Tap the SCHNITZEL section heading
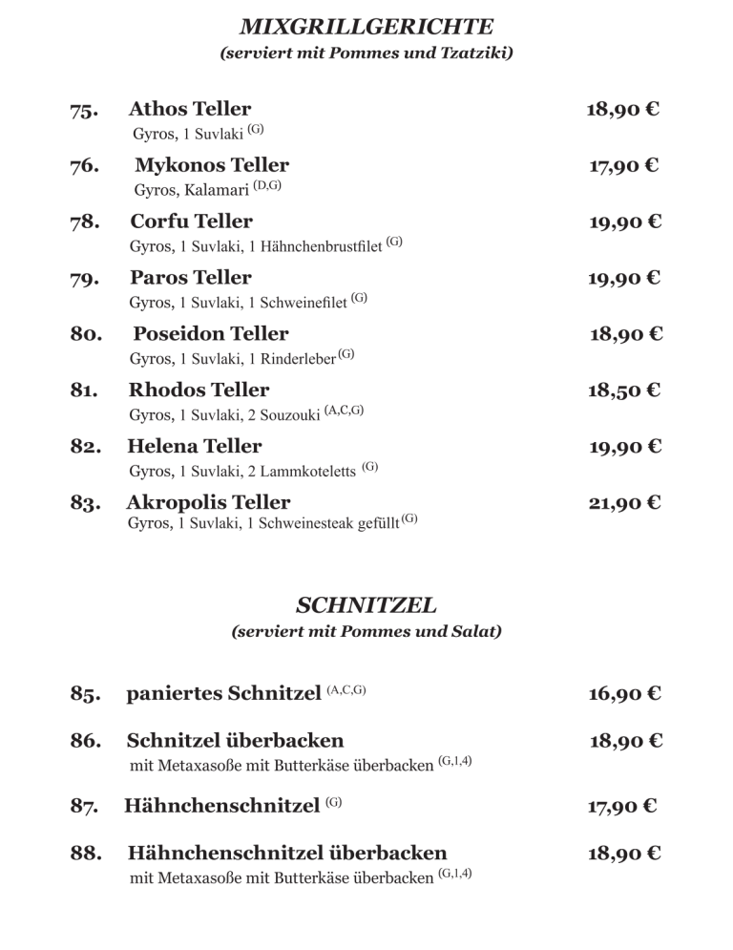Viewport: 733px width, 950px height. click(366, 604)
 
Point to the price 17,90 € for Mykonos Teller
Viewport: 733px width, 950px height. click(623, 166)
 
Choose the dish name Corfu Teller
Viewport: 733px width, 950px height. click(191, 222)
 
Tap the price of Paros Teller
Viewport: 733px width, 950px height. click(623, 279)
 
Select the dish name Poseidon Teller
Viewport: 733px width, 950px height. click(210, 334)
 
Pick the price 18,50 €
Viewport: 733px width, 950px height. click(623, 391)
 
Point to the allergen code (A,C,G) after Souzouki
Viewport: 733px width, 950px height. click(344, 411)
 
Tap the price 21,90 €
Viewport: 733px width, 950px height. click(623, 503)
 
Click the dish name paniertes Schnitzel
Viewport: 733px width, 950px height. click(223, 693)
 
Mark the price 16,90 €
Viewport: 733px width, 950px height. click(623, 693)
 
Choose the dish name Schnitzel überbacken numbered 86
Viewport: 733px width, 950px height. click(235, 741)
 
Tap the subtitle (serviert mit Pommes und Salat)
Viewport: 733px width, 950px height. click(366, 632)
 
